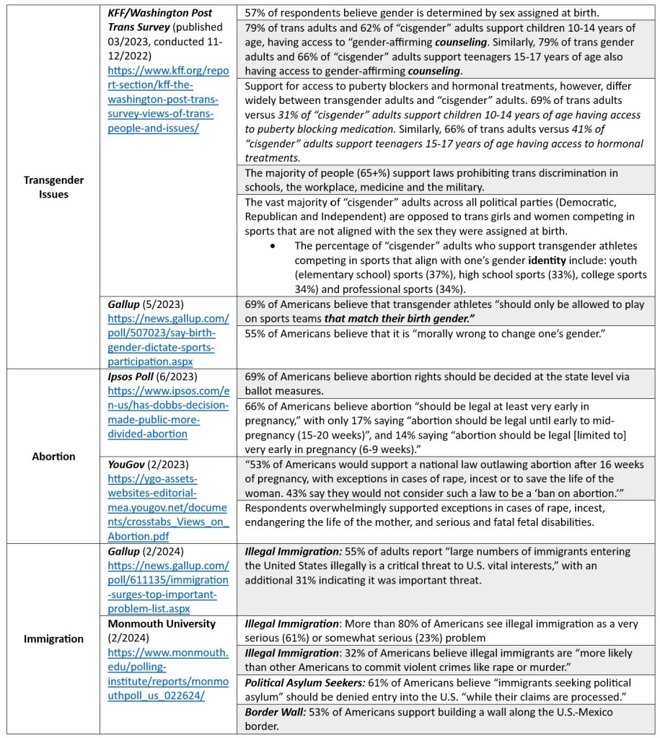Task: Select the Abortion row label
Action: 53,456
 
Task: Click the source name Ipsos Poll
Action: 141,376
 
